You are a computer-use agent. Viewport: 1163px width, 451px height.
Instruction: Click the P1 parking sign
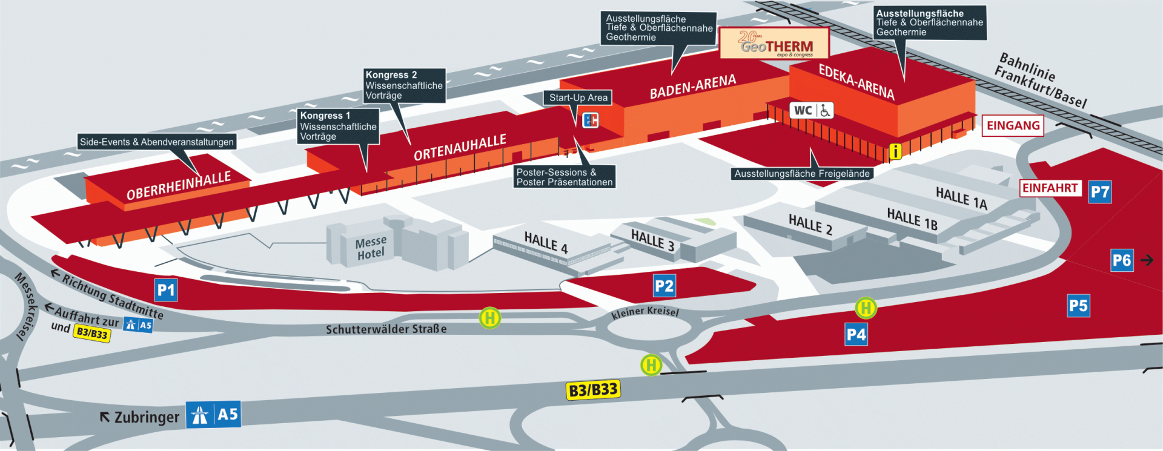166,291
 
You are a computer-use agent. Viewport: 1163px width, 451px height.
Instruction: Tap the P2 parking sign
664,286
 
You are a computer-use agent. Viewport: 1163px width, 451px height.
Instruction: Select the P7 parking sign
1100,192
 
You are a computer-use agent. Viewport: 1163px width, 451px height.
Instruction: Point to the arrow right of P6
1147,260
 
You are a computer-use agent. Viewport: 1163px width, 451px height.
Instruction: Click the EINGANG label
1013,125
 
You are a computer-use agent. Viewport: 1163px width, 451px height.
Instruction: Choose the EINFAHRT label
1050,188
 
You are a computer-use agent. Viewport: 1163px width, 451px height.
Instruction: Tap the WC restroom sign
812,110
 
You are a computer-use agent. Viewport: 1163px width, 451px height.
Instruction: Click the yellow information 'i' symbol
895,151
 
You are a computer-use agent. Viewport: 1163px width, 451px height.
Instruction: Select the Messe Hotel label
370,248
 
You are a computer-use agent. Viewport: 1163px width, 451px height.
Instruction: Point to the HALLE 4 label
546,243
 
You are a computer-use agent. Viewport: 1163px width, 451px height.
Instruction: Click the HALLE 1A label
961,199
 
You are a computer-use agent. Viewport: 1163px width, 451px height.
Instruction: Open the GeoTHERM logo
774,43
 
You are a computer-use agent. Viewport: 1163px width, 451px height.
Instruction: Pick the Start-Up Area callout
578,97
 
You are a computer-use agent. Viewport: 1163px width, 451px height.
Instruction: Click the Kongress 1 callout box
339,126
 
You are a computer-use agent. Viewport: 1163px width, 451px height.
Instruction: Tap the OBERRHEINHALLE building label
179,186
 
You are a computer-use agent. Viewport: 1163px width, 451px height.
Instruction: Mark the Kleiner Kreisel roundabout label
645,312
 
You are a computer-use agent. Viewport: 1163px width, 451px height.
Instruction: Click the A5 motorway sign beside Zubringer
213,415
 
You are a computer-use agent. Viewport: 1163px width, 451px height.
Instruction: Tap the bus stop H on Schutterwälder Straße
489,317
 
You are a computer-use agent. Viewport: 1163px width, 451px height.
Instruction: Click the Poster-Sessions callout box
565,177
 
